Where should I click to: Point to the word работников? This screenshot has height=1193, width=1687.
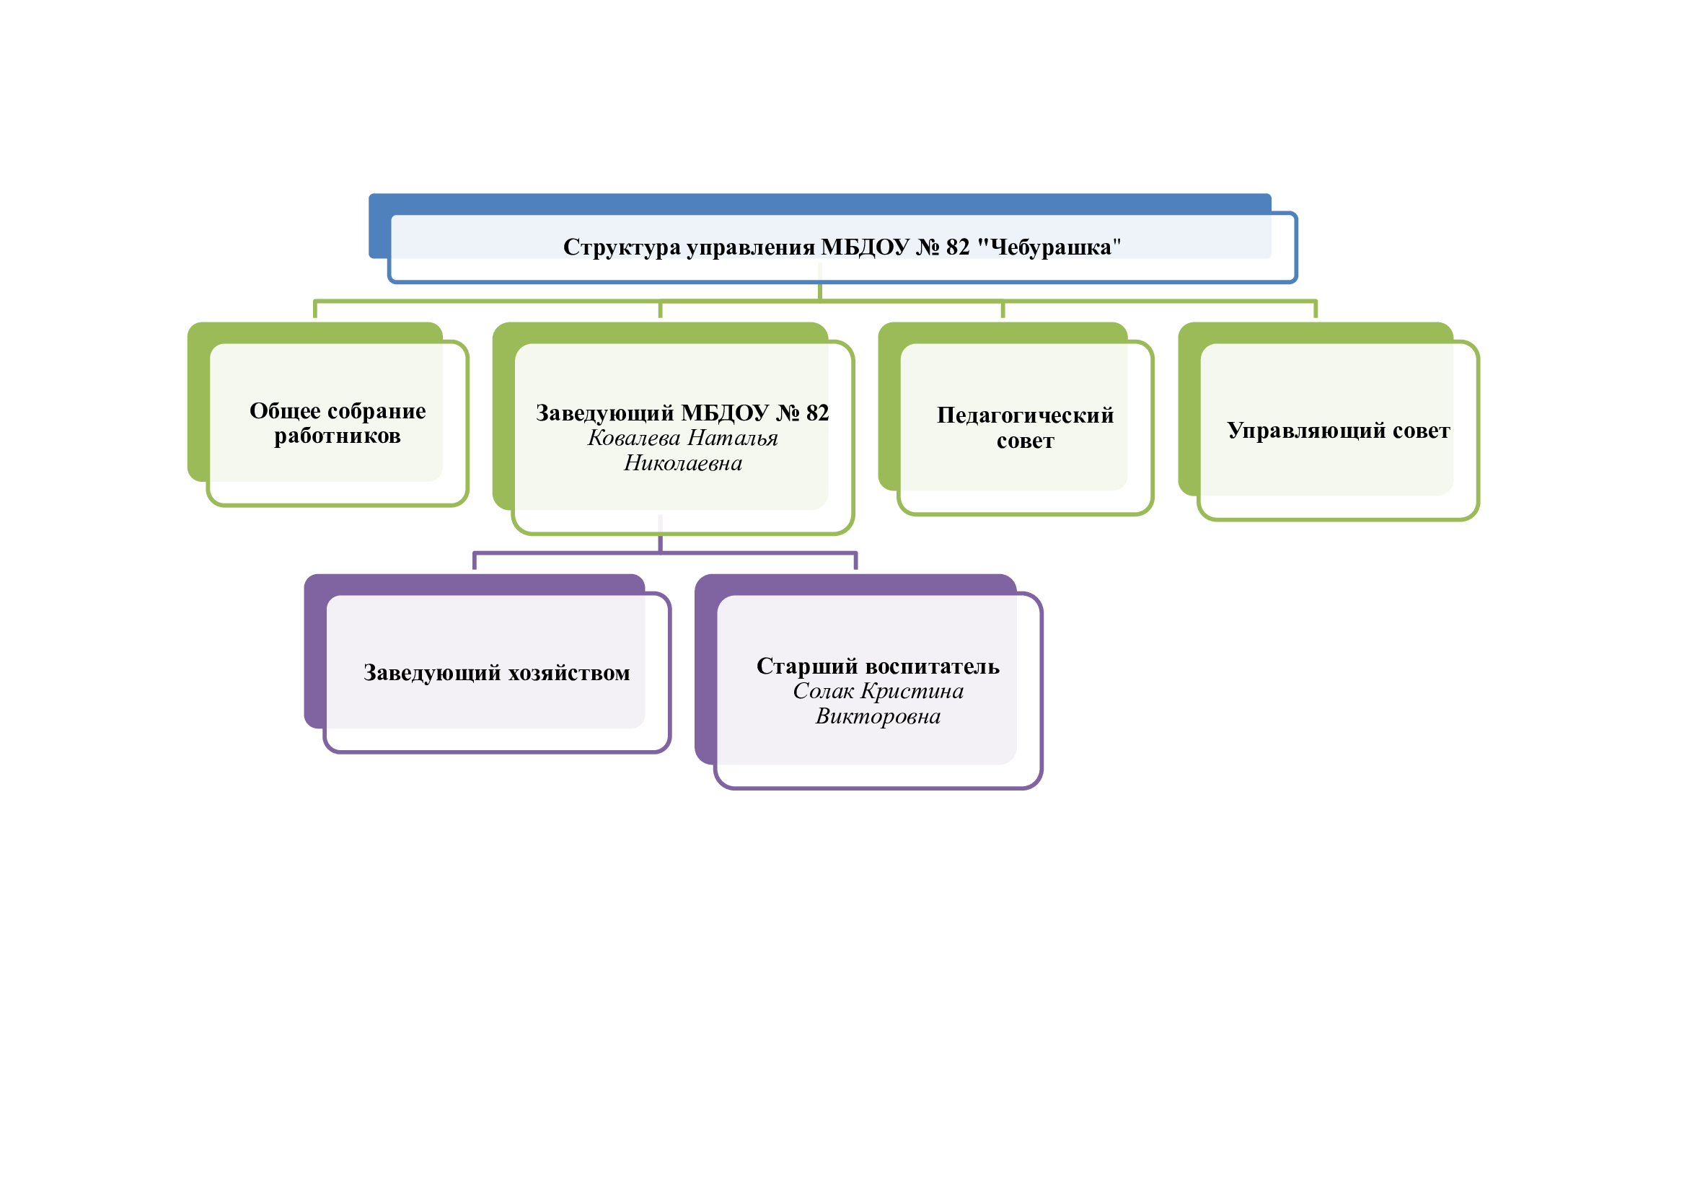click(x=338, y=436)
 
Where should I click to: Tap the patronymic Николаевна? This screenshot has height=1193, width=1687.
click(x=682, y=464)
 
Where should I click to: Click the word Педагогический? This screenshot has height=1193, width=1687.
click(x=1025, y=416)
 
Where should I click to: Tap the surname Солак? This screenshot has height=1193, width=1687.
click(x=823, y=691)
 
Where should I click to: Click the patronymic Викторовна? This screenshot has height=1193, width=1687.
click(x=877, y=716)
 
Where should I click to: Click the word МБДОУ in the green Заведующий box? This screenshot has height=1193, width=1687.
click(x=724, y=413)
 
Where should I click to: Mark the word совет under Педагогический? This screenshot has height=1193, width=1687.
click(x=1025, y=441)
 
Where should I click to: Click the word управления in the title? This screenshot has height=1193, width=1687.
click(x=750, y=247)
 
